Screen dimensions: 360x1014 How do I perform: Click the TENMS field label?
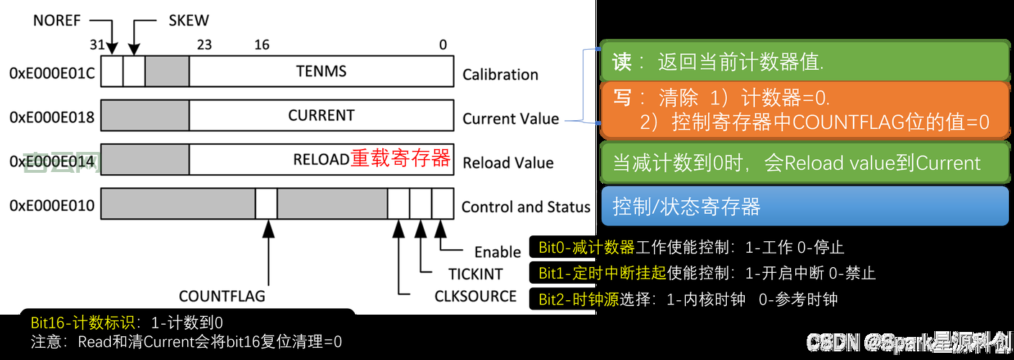tap(321, 71)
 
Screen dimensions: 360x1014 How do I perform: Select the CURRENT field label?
tap(321, 115)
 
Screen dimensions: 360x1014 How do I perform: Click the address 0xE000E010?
tap(52, 206)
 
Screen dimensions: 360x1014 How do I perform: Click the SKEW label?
tap(189, 20)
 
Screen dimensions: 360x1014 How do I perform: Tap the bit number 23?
tap(204, 45)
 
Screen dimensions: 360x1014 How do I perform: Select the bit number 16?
tap(262, 45)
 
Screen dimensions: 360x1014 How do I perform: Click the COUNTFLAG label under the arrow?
tap(222, 296)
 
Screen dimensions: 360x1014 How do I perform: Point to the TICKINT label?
tap(476, 274)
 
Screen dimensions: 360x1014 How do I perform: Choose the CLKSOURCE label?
tap(476, 296)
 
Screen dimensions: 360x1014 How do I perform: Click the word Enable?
tap(497, 252)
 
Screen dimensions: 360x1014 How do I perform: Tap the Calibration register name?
tap(500, 74)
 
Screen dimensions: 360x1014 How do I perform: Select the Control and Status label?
tap(525, 207)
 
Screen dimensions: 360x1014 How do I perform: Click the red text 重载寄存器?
tap(400, 158)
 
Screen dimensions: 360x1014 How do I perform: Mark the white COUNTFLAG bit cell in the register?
tap(266, 204)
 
